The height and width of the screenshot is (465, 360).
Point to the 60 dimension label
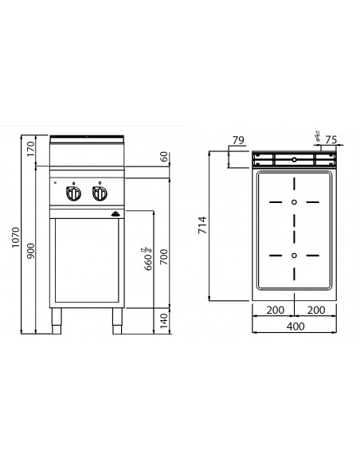[164, 158]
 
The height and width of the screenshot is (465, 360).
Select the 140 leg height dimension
[164, 320]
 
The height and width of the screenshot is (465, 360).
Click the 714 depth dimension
[202, 226]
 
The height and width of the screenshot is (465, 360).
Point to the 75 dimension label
[331, 139]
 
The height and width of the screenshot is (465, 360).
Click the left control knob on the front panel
[74, 193]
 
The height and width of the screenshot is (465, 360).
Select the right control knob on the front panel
[100, 193]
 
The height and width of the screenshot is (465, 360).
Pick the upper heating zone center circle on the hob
[295, 202]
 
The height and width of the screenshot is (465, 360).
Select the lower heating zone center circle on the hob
[295, 255]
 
